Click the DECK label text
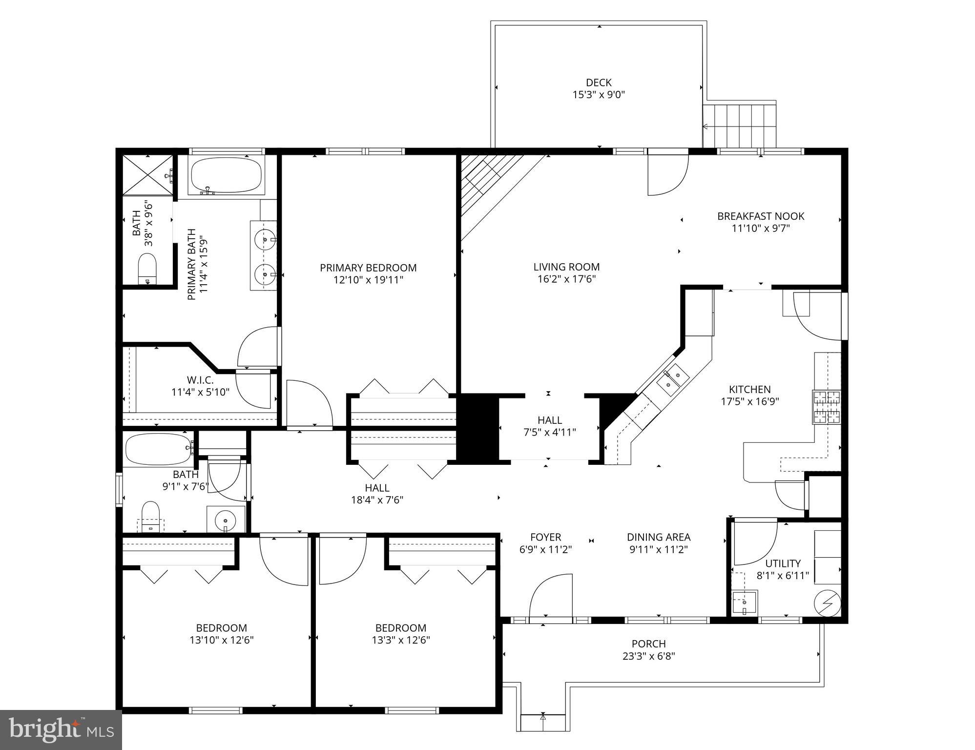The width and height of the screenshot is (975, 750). click(598, 83)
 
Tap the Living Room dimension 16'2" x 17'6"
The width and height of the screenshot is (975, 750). click(566, 279)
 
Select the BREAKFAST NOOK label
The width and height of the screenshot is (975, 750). click(760, 216)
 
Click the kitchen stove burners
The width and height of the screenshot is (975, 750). click(827, 406)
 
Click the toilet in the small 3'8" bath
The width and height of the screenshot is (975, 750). click(147, 268)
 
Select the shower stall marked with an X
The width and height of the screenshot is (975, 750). click(147, 175)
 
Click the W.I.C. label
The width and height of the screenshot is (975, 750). click(200, 379)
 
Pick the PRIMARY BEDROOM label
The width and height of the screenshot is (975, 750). click(368, 268)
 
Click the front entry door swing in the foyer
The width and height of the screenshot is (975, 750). click(550, 597)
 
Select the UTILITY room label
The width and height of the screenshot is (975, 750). click(783, 563)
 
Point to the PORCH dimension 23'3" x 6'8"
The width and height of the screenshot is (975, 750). click(648, 656)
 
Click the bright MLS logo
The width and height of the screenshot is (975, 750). click(61, 729)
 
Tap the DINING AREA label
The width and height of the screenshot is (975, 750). click(658, 537)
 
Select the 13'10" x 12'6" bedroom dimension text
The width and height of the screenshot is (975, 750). click(222, 640)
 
